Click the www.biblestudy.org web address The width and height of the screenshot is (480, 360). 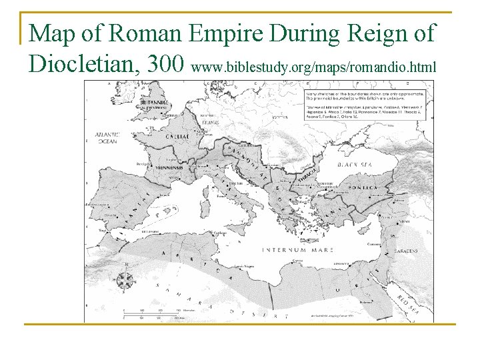[313, 67]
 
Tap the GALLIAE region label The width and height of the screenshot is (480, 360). [175, 136]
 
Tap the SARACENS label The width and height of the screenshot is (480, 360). [405, 251]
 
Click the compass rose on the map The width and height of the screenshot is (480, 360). [125, 281]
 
